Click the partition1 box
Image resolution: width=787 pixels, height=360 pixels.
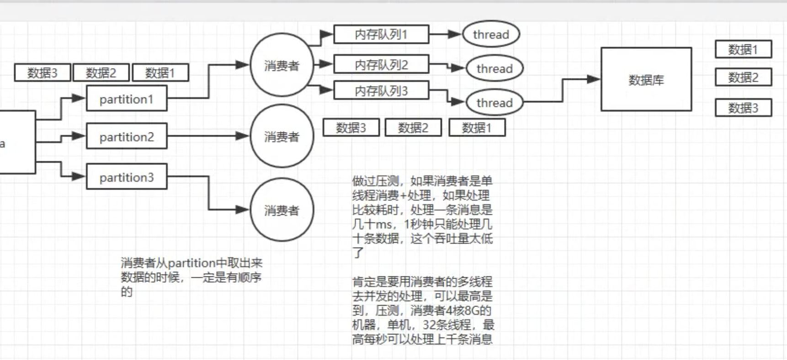tap(127, 99)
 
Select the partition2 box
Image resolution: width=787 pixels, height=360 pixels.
tap(127, 136)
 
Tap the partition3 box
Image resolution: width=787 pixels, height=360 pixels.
tap(127, 177)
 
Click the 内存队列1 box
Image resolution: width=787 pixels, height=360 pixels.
tap(381, 34)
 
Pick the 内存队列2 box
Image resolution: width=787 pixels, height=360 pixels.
tap(381, 64)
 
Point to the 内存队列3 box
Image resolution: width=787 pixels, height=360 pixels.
tap(381, 90)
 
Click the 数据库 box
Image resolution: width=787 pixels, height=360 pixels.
tap(646, 79)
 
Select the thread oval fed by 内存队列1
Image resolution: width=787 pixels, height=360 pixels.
tap(491, 34)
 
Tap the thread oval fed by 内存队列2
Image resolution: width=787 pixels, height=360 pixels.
tap(495, 69)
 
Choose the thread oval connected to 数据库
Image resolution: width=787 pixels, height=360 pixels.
tap(495, 102)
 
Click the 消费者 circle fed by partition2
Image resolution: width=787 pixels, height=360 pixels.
tap(282, 136)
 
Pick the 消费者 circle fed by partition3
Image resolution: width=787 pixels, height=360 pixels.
tap(282, 210)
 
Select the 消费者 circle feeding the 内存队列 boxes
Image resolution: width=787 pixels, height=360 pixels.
tap(282, 65)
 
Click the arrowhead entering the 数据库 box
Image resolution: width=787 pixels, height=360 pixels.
tap(594, 79)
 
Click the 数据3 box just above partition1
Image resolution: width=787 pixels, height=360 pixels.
tap(43, 73)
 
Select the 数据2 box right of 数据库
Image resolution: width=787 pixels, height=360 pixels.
tap(743, 77)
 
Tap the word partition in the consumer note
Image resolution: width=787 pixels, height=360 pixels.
tap(192, 263)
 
